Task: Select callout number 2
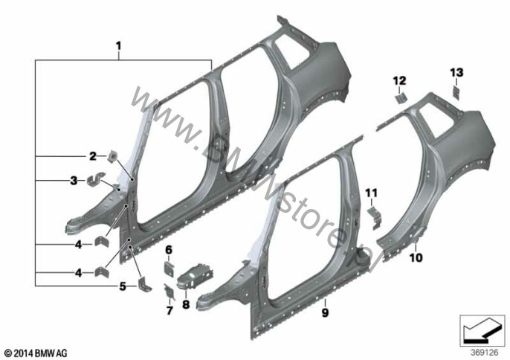click(x=93, y=156)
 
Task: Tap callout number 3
click(x=74, y=181)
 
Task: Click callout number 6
click(x=168, y=249)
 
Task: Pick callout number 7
click(x=169, y=310)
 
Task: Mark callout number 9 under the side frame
click(x=325, y=303)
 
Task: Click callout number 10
click(x=415, y=258)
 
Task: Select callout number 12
click(x=400, y=80)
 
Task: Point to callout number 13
click(x=456, y=71)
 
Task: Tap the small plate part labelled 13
click(x=456, y=92)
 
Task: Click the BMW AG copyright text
click(x=35, y=351)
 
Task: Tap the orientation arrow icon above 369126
click(x=480, y=327)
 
